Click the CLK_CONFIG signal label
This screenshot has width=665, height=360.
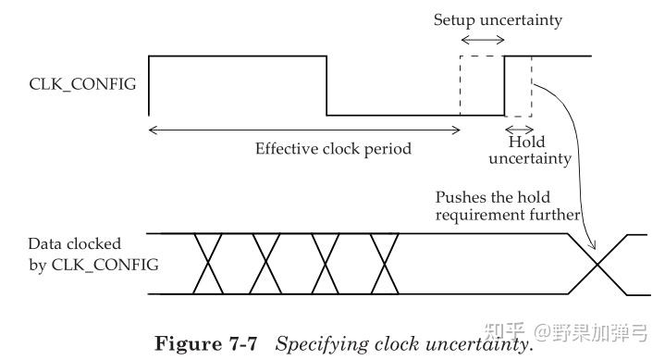point(82,85)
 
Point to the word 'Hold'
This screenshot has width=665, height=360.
point(526,143)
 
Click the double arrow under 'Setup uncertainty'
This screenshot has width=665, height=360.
point(482,40)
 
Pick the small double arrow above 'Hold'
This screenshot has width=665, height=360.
point(518,129)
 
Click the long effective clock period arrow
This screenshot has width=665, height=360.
point(304,129)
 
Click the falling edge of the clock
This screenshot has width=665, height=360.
point(326,85)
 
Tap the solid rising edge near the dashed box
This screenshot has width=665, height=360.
point(504,85)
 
